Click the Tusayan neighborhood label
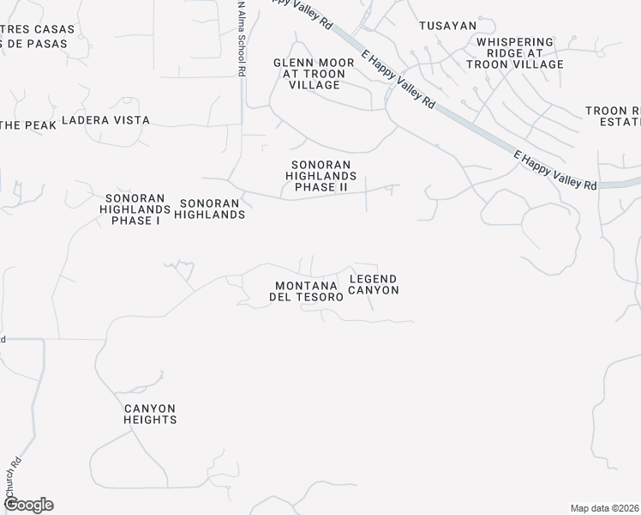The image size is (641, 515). coord(447,26)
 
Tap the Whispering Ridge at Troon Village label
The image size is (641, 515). coord(514,53)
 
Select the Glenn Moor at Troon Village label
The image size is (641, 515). coord(309,74)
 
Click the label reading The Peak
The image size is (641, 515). coord(27,125)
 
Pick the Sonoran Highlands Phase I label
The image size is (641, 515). coord(135,209)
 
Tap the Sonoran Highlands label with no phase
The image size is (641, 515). coord(210,209)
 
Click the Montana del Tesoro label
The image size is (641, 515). coord(309,291)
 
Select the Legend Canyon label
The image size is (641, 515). coord(374,284)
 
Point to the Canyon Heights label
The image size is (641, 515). coord(150,415)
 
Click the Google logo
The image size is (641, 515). coord(27,505)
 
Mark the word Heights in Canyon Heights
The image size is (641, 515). coord(150,421)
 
